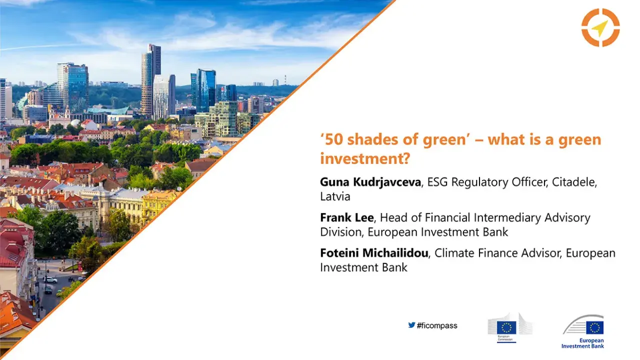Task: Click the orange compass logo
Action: pos(600,27)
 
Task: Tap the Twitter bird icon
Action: pos(411,325)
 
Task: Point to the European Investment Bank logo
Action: pos(583,331)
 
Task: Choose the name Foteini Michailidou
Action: pos(374,253)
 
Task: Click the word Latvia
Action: pos(335,196)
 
